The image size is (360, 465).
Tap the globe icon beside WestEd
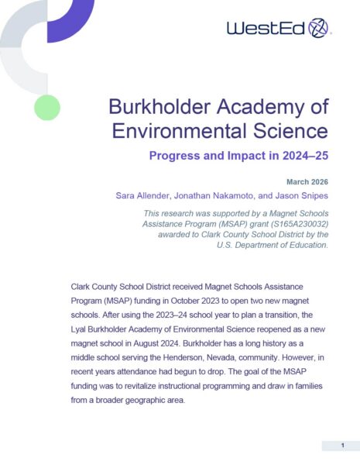(318, 29)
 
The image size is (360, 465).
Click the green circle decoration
(47, 107)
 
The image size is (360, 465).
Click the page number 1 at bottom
(341, 446)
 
